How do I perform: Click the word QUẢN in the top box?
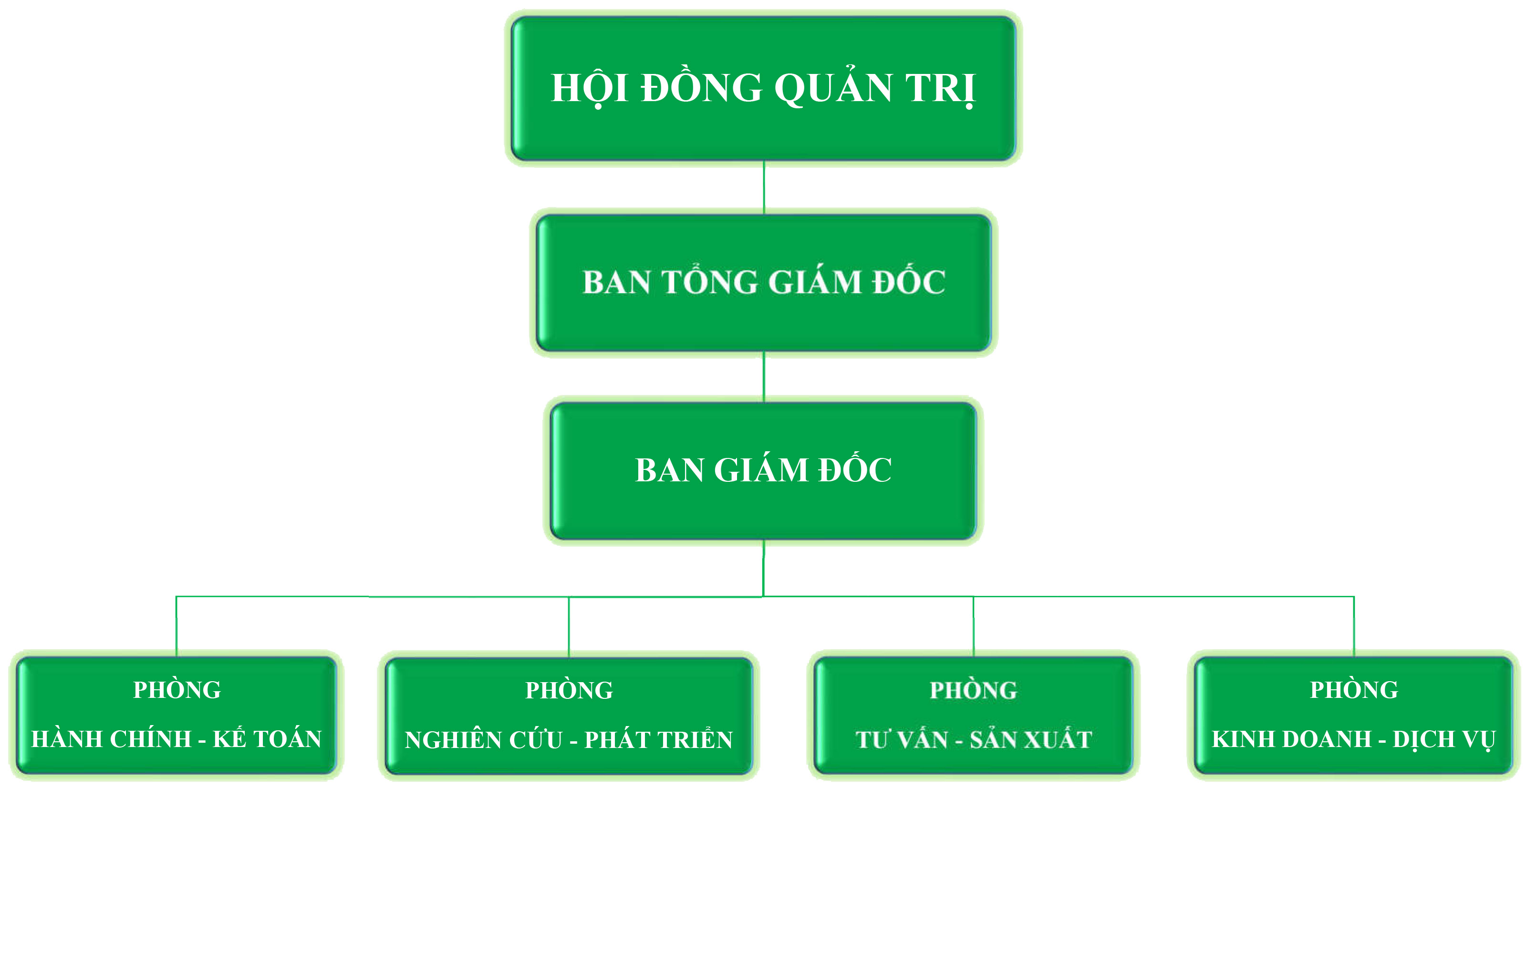pos(833,88)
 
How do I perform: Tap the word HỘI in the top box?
pos(589,88)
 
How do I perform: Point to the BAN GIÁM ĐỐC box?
pos(763,470)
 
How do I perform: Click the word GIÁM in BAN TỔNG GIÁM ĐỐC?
pos(815,282)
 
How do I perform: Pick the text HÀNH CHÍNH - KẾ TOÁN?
pos(176,739)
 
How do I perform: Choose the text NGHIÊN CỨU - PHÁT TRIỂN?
pos(569,740)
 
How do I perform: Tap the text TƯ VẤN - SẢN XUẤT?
pos(974,740)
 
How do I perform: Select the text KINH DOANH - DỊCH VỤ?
pos(1353,739)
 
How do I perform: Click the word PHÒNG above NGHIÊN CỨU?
pos(569,691)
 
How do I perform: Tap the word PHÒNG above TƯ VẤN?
pos(974,691)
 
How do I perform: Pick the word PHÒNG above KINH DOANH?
pos(1354,690)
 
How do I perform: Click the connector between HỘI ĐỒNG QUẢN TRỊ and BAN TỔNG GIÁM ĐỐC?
pos(764,187)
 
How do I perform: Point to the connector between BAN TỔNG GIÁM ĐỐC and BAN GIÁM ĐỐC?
pos(764,376)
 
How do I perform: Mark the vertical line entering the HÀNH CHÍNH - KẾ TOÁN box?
pos(176,625)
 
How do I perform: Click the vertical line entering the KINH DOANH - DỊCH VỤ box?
pos(1354,625)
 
